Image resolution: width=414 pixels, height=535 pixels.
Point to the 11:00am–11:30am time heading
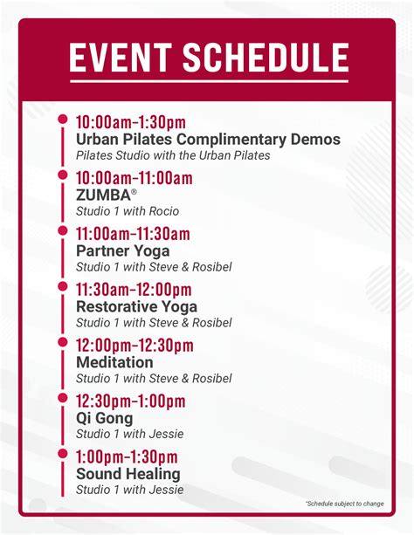(133, 234)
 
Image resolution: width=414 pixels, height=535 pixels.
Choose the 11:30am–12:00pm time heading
(134, 290)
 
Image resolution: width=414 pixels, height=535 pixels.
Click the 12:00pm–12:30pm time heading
(135, 346)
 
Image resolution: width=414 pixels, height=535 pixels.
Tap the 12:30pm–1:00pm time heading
(130, 401)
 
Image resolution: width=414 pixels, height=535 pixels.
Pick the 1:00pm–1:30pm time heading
(127, 457)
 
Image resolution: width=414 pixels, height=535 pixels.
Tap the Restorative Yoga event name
(136, 306)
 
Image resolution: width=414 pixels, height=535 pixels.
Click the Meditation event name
(114, 362)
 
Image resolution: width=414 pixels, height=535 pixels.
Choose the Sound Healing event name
(128, 474)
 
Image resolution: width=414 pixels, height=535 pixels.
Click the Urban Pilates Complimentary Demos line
(208, 139)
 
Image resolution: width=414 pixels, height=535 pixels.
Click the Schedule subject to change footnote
(345, 504)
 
